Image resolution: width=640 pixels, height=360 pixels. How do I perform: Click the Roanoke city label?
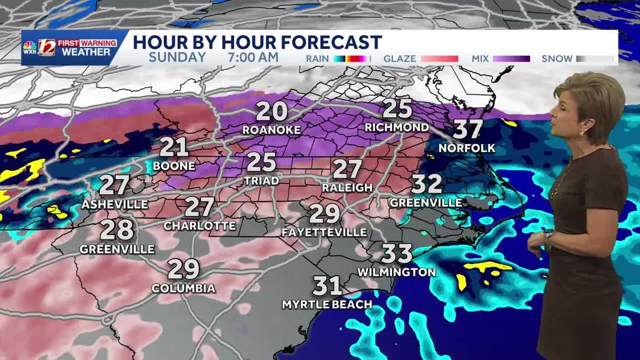pyautogui.click(x=271, y=130)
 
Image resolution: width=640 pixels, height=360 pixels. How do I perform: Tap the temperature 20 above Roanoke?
pyautogui.click(x=271, y=112)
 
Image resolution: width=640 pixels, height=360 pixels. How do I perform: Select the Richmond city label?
pyautogui.click(x=397, y=127)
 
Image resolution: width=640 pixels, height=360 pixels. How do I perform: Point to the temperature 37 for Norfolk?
pyautogui.click(x=468, y=130)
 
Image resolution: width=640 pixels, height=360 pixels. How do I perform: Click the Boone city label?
pyautogui.click(x=174, y=166)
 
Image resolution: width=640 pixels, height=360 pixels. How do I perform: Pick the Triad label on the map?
pyautogui.click(x=261, y=181)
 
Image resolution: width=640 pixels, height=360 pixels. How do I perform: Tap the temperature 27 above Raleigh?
pyautogui.click(x=347, y=170)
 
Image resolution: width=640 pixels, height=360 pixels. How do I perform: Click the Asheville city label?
pyautogui.click(x=115, y=204)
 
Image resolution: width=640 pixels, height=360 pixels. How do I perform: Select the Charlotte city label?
pyautogui.click(x=199, y=226)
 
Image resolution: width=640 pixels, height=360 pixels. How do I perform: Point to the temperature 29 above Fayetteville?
pyautogui.click(x=324, y=214)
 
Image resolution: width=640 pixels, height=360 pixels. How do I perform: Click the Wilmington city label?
pyautogui.click(x=396, y=272)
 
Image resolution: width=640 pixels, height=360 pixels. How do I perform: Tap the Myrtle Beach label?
pyautogui.click(x=327, y=305)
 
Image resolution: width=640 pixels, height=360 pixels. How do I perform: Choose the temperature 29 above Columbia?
pyautogui.click(x=183, y=270)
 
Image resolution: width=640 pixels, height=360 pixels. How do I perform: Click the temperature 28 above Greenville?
pyautogui.click(x=117, y=230)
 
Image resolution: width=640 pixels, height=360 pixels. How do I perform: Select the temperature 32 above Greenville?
pyautogui.click(x=427, y=185)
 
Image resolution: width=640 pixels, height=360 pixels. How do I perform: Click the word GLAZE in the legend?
pyautogui.click(x=399, y=59)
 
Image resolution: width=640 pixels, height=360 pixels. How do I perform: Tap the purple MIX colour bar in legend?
pyautogui.click(x=511, y=59)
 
